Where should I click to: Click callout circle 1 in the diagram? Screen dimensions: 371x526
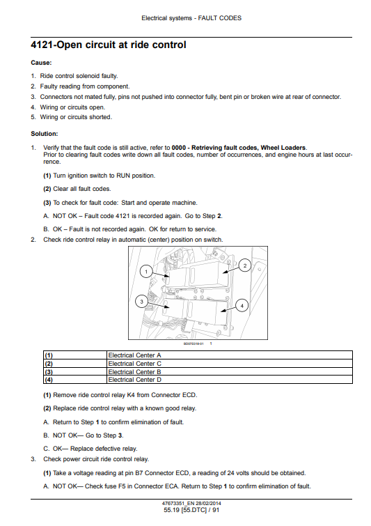point(145,271)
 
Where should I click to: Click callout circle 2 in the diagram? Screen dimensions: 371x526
point(244,265)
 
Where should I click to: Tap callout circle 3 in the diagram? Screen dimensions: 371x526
point(141,302)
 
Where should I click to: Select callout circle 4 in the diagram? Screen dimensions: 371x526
point(242,305)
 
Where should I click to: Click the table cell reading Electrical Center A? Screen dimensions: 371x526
point(230,355)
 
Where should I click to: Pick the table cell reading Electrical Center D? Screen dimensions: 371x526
point(230,380)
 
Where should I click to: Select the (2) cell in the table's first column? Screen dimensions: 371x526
point(75,363)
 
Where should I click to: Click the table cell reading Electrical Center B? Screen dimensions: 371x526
point(230,372)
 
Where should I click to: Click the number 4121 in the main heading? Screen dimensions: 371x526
point(42,45)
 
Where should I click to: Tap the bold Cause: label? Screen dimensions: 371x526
point(41,63)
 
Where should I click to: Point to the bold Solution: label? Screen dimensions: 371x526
point(45,134)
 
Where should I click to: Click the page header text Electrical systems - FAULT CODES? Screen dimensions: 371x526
point(191,18)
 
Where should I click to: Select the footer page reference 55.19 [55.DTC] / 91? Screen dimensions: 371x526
point(191,510)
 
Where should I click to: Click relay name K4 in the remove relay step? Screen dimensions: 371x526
point(131,395)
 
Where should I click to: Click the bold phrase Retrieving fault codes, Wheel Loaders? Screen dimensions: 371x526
point(248,148)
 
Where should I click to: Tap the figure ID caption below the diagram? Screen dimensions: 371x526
point(194,343)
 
